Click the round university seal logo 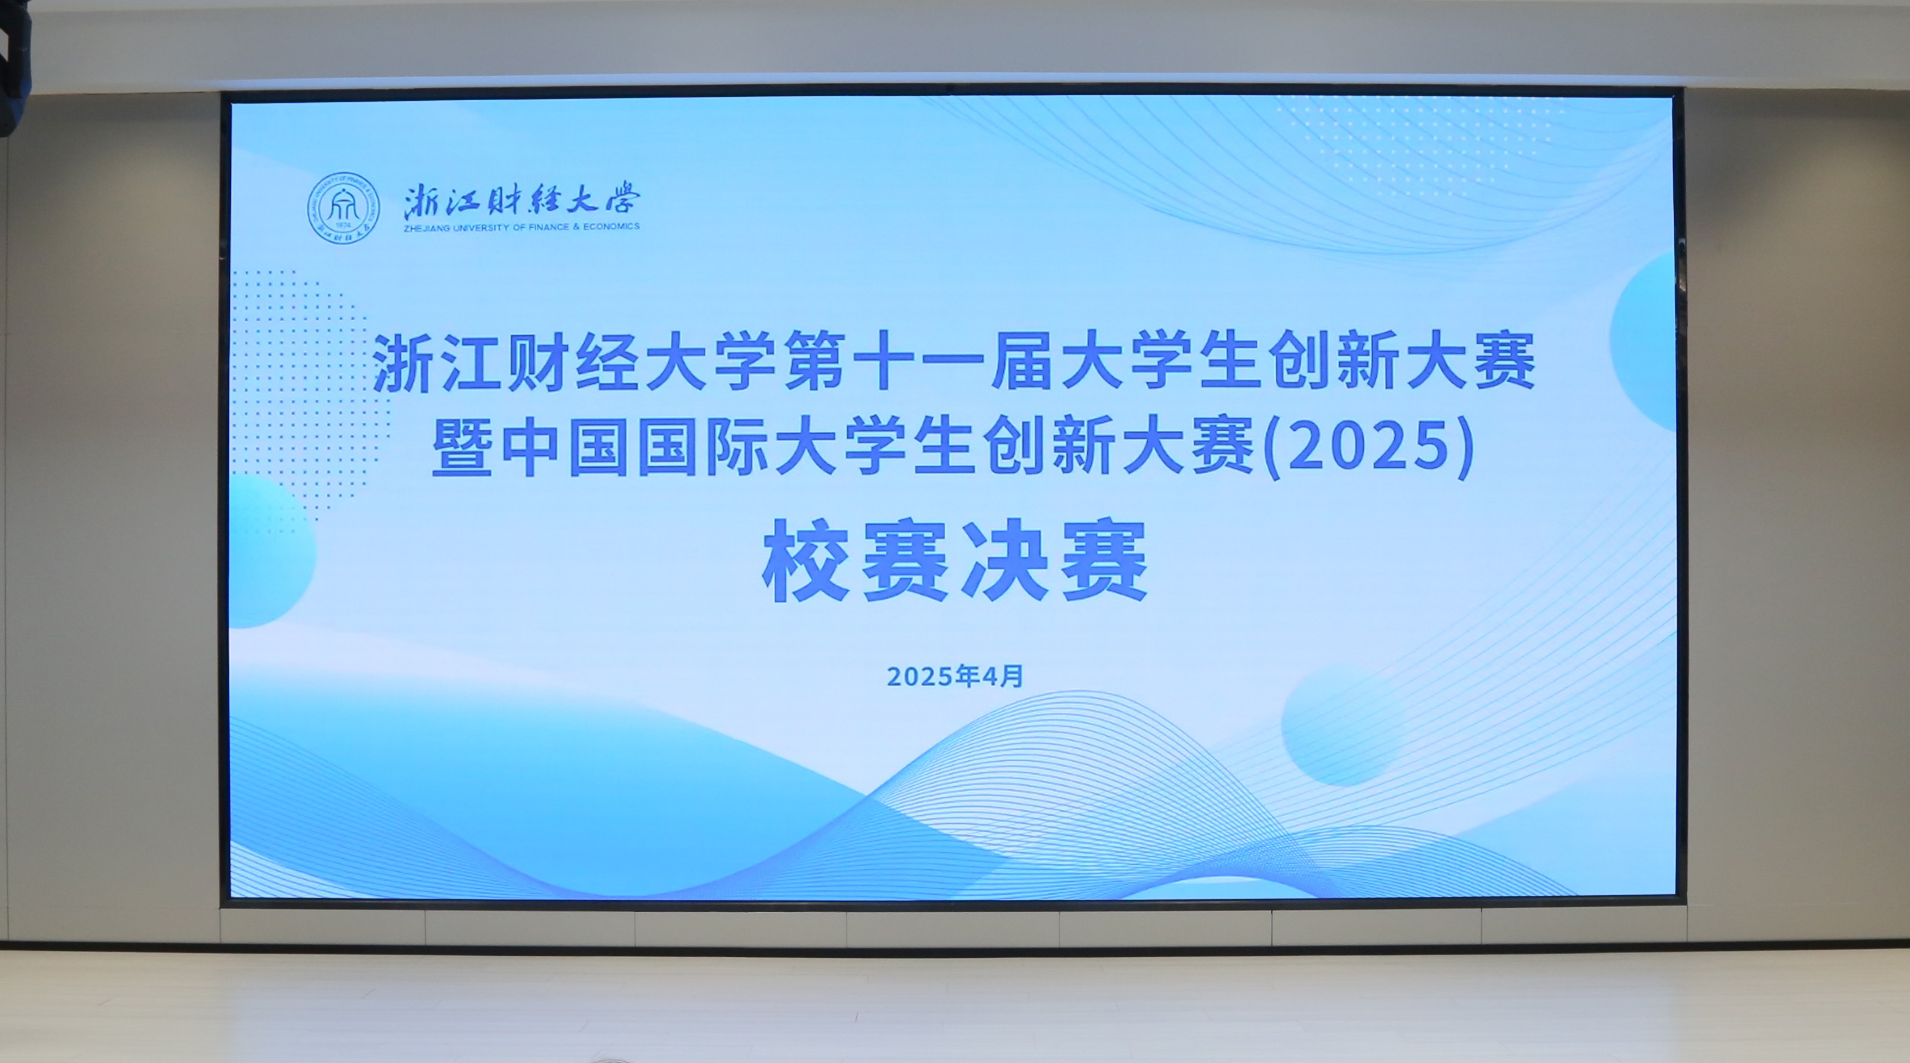pyautogui.click(x=344, y=209)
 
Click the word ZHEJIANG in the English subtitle pyautogui.click(x=426, y=228)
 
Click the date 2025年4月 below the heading pyautogui.click(x=955, y=676)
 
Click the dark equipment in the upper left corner pyautogui.click(x=15, y=68)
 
